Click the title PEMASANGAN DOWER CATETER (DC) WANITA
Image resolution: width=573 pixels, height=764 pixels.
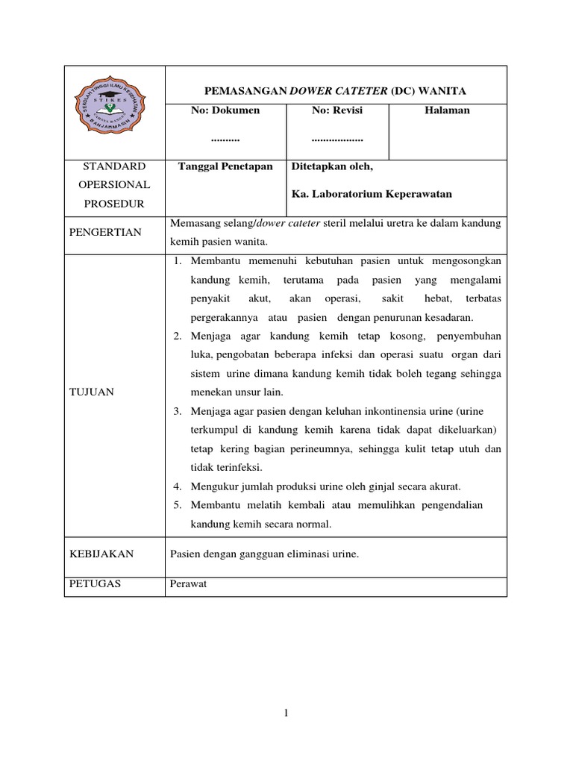(336, 91)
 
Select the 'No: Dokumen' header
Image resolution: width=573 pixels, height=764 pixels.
(225, 110)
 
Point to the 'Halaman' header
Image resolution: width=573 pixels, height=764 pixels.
(448, 110)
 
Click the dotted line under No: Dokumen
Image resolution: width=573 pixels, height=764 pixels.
(225, 140)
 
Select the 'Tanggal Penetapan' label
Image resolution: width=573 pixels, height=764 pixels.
(225, 166)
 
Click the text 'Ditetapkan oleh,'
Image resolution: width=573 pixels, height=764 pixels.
(331, 166)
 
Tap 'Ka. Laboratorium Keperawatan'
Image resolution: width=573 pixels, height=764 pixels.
(371, 194)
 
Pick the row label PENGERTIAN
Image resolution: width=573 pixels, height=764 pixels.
(105, 233)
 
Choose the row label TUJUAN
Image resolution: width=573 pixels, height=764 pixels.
(91, 392)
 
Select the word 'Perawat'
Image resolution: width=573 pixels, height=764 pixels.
(188, 584)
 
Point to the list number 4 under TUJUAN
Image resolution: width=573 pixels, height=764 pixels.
(178, 486)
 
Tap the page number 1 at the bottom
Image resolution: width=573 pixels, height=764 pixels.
(286, 713)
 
